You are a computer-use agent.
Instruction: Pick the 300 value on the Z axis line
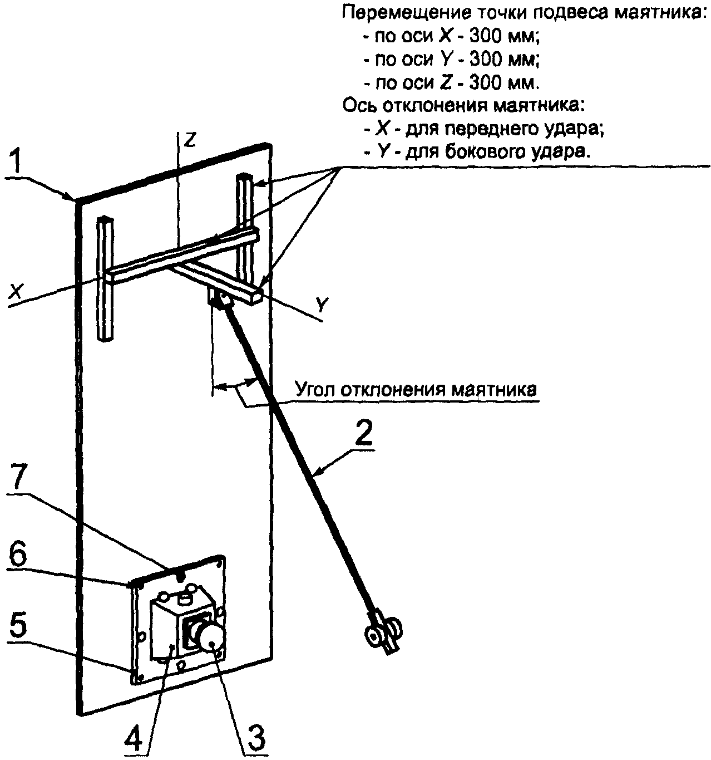point(488,84)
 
